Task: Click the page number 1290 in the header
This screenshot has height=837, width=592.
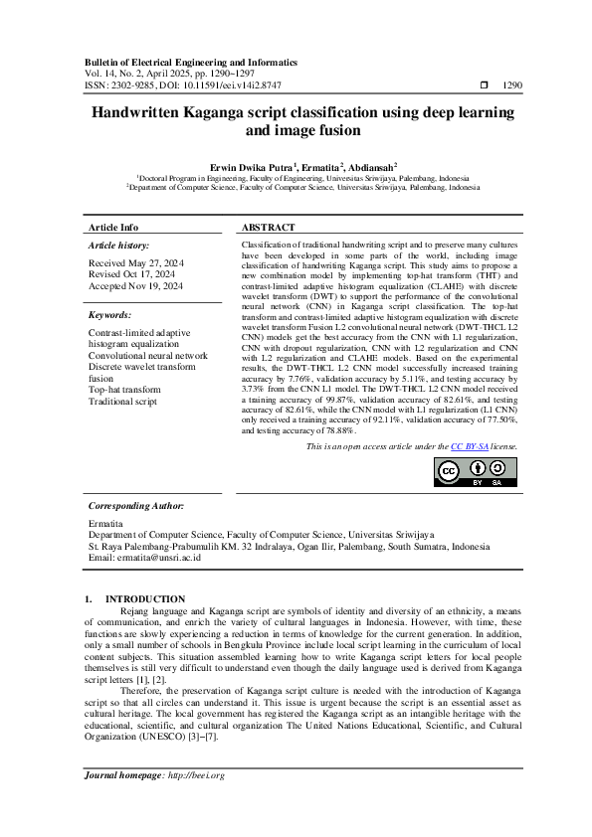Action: pos(514,86)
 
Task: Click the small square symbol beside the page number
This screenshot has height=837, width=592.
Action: pos(484,86)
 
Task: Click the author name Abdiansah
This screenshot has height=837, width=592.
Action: pos(372,167)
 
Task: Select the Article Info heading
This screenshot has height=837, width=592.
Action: pos(113,228)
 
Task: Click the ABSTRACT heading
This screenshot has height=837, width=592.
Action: pos(268,228)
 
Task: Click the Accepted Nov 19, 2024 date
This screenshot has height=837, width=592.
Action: pos(135,285)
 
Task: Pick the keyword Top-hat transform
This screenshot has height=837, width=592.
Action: pos(123,390)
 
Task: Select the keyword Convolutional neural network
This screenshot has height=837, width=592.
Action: pos(148,355)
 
